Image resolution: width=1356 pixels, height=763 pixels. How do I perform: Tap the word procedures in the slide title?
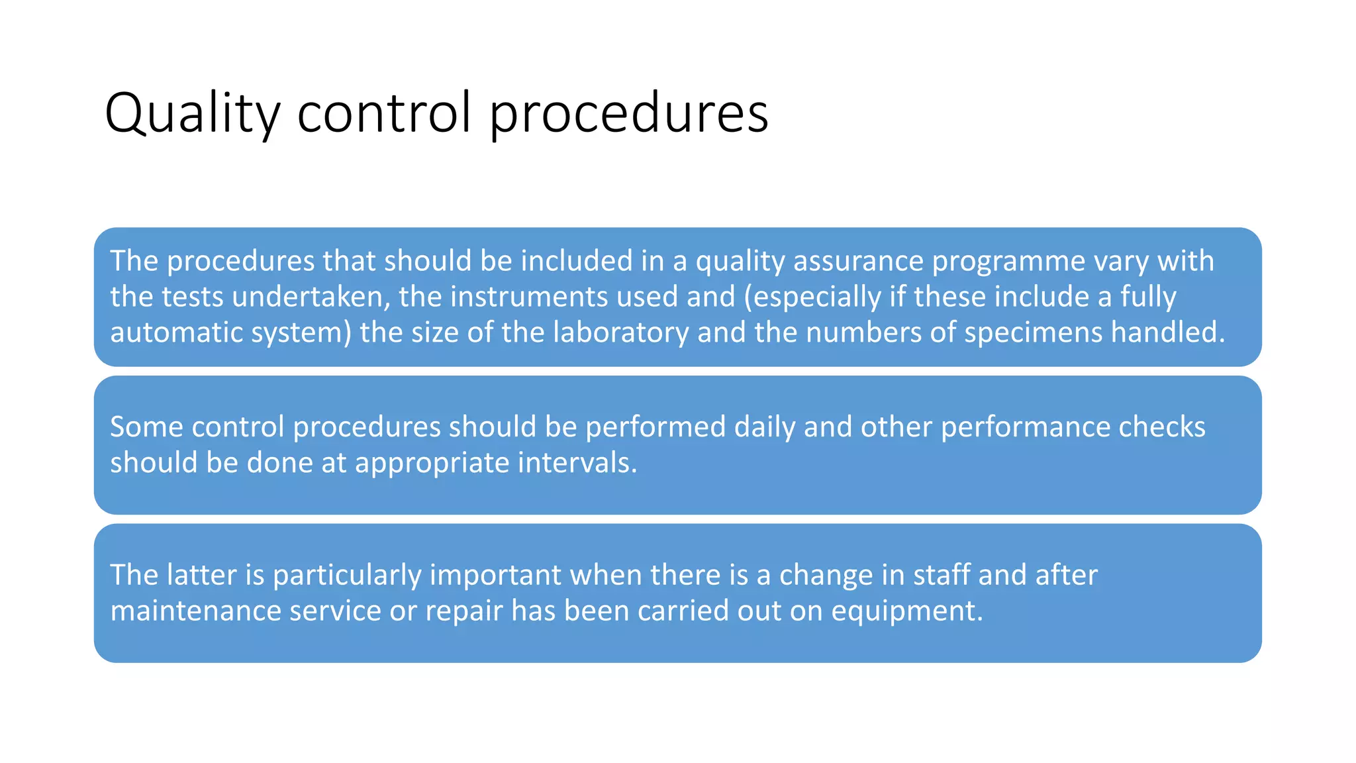click(x=628, y=114)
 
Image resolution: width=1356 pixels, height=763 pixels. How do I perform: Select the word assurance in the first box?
click(x=858, y=261)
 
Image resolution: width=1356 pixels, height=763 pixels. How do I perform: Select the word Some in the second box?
click(x=146, y=427)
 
